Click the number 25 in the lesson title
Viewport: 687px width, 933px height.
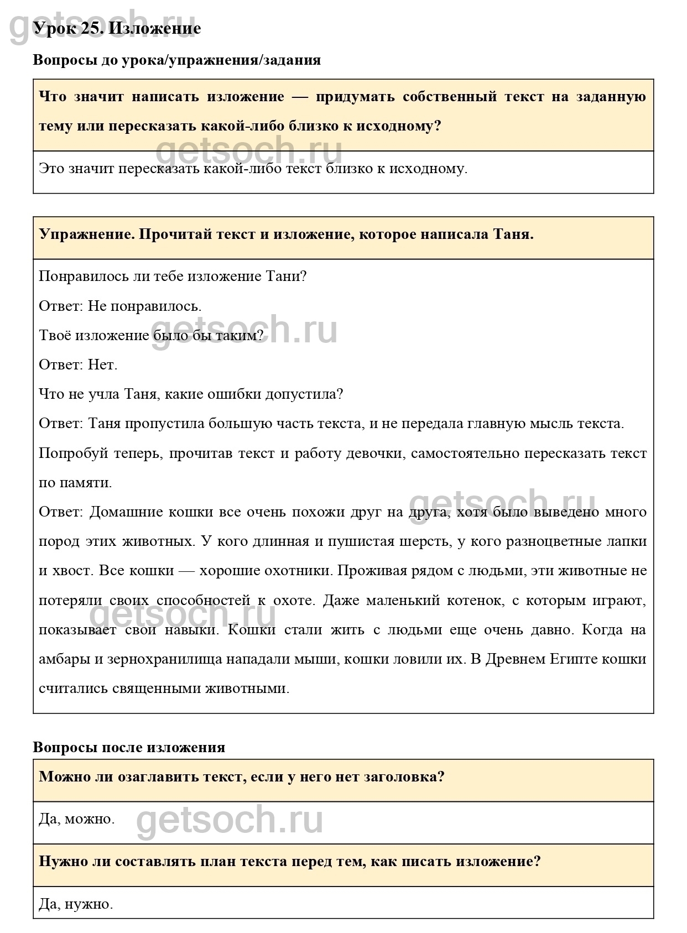(91, 28)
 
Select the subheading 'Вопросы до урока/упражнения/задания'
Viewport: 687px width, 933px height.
(176, 60)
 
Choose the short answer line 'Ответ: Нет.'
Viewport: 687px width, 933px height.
(78, 364)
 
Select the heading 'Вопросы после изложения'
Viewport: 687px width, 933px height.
(129, 747)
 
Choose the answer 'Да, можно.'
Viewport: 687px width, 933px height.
(77, 819)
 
